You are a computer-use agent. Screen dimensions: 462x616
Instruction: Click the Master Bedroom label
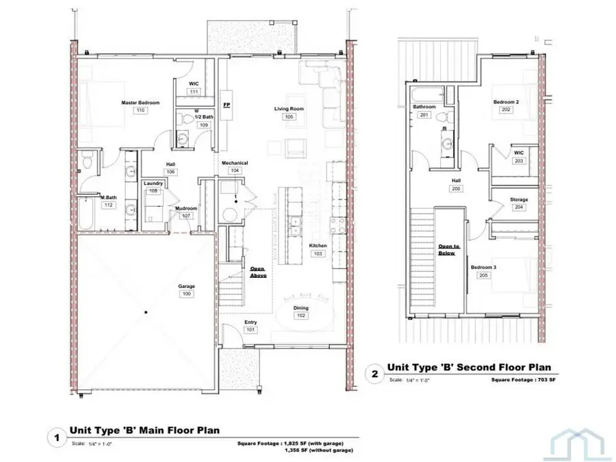click(140, 103)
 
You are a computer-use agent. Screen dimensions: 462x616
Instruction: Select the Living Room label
click(289, 109)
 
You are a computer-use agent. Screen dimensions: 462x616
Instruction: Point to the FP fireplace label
click(227, 106)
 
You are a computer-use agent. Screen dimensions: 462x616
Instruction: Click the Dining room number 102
click(301, 316)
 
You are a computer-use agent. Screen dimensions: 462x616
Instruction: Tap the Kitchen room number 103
click(318, 253)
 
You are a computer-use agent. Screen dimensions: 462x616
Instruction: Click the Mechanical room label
click(235, 162)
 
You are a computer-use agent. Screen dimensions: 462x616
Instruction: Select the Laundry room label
click(154, 183)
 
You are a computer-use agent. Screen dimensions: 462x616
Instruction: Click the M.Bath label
click(108, 197)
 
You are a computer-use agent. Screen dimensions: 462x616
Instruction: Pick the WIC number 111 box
click(194, 92)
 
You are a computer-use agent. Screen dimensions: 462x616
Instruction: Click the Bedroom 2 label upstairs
click(506, 102)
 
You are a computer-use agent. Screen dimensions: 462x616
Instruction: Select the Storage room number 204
click(519, 207)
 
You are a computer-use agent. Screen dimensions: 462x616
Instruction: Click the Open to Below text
click(449, 249)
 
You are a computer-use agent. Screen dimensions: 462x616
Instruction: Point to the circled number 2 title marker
click(374, 374)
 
